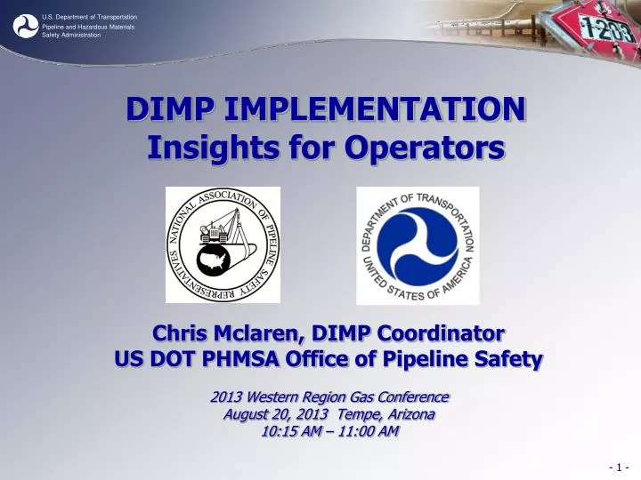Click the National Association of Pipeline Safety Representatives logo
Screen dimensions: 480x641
pyautogui.click(x=223, y=244)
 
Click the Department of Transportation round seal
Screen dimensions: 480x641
pyautogui.click(x=418, y=245)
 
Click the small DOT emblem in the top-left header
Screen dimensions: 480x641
pyautogui.click(x=25, y=27)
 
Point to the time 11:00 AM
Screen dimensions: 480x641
pyautogui.click(x=366, y=432)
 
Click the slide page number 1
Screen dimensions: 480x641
pyautogui.click(x=620, y=468)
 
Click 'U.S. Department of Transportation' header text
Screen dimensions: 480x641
pyautogui.click(x=89, y=17)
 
